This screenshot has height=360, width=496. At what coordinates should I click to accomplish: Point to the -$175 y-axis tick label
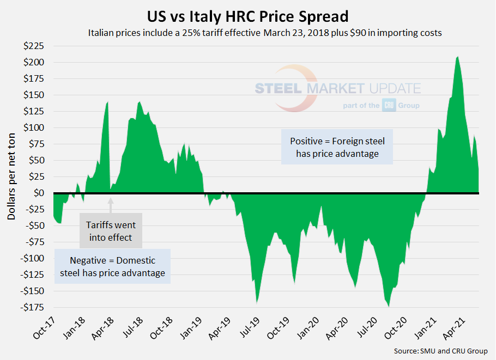tap(34, 307)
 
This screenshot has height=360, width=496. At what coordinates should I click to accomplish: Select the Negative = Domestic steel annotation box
tap(112, 266)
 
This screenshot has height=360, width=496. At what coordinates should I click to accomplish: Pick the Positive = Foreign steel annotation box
tap(337, 147)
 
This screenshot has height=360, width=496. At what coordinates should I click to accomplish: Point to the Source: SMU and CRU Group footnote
tap(440, 351)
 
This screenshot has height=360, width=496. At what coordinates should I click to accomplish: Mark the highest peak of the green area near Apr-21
tap(457, 57)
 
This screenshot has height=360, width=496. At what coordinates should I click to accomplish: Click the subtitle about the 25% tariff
tap(264, 33)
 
